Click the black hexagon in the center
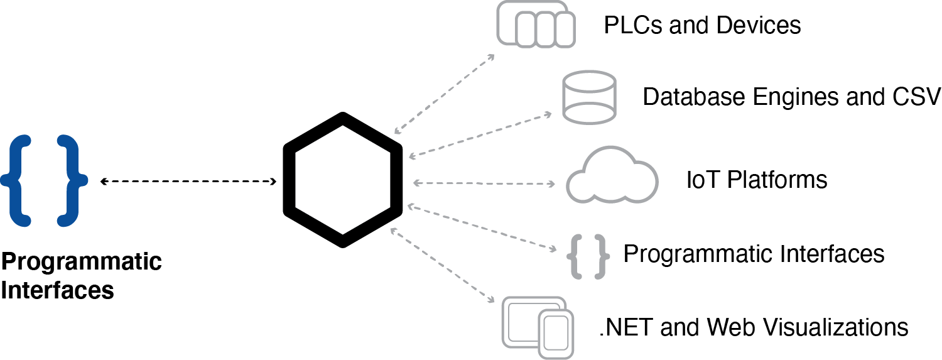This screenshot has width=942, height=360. pos(342,180)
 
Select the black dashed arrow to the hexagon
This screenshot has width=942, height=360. pos(188,182)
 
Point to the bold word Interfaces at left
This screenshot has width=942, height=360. pos(58,291)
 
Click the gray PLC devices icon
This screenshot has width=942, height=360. pos(536,24)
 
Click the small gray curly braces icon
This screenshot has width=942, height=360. pos(588,255)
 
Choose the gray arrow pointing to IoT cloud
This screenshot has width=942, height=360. pos(484,183)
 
